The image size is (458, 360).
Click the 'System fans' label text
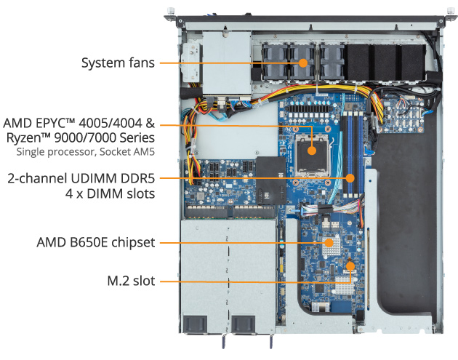[117, 63]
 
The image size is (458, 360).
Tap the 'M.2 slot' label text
[131, 280]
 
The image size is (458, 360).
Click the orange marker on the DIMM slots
[351, 177]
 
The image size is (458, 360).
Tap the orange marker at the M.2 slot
[350, 266]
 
